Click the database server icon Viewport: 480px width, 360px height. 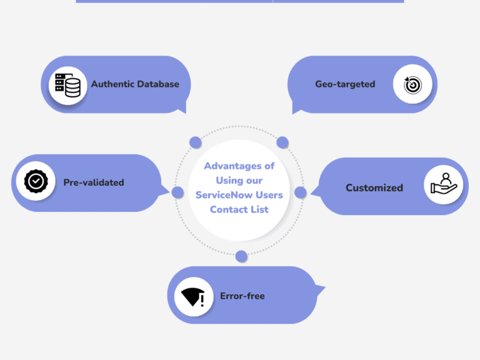pyautogui.click(x=67, y=85)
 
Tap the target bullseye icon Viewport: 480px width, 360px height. pyautogui.click(x=412, y=85)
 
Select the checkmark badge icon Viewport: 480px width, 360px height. pyautogui.click(x=36, y=181)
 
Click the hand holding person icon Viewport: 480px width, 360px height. pyautogui.click(x=444, y=184)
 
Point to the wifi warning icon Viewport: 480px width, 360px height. pyautogui.click(x=193, y=297)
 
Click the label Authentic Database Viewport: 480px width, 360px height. pyautogui.click(x=135, y=84)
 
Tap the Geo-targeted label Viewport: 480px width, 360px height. pyautogui.click(x=345, y=84)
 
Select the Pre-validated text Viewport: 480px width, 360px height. pyautogui.click(x=94, y=182)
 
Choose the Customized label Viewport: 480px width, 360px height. pyautogui.click(x=374, y=187)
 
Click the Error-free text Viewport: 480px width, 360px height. pyautogui.click(x=242, y=296)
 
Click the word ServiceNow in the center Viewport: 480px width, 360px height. pyautogui.click(x=224, y=195)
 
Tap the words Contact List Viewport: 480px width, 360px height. pyautogui.click(x=239, y=209)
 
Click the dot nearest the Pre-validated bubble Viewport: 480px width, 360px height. pyautogui.click(x=177, y=192)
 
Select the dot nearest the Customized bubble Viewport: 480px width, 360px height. pyautogui.click(x=300, y=192)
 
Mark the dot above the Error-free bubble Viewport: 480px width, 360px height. pyautogui.click(x=241, y=256)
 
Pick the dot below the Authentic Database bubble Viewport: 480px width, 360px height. pyautogui.click(x=195, y=142)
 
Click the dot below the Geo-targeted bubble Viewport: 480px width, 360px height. pyautogui.click(x=282, y=142)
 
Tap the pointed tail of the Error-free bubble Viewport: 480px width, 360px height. pyautogui.click(x=325, y=287)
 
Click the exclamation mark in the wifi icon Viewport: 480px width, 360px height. pyautogui.click(x=202, y=300)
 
